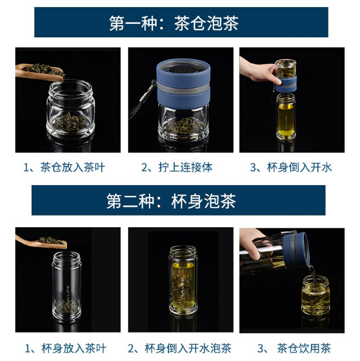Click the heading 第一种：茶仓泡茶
click(174, 23)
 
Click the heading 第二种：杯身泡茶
click(171, 201)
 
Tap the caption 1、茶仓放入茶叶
click(64, 167)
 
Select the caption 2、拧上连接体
click(176, 167)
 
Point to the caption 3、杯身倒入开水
click(291, 167)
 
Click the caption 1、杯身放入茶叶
click(65, 348)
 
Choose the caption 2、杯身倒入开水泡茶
click(179, 348)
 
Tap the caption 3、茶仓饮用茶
click(294, 348)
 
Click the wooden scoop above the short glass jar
click(39, 72)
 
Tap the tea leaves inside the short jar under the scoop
click(70, 122)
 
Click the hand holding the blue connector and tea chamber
click(259, 70)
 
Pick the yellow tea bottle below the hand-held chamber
click(286, 116)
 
